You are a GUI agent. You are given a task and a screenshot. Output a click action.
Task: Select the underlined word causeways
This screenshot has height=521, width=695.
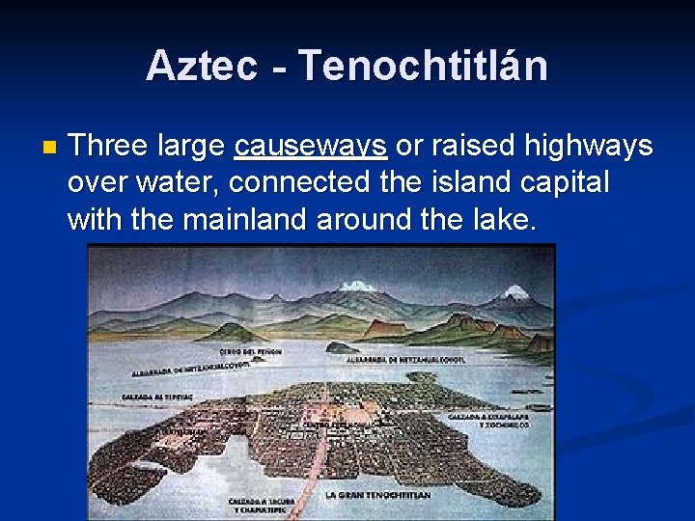click(311, 147)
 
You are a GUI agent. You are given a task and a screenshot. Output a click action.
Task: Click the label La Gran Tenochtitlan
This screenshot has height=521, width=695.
click(377, 495)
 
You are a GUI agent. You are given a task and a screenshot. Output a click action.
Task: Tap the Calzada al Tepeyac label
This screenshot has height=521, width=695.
click(153, 395)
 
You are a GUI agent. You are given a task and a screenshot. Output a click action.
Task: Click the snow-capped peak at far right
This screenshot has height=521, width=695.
click(516, 290)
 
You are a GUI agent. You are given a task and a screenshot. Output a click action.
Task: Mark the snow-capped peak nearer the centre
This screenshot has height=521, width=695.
click(356, 287)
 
